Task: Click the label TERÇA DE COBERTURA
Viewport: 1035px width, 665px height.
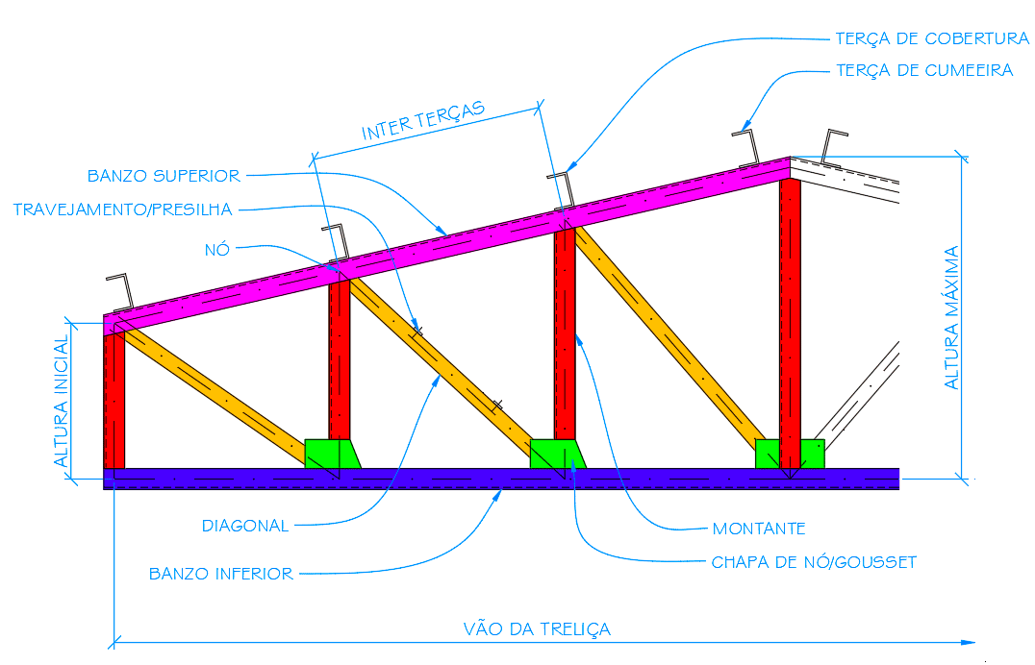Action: (932, 39)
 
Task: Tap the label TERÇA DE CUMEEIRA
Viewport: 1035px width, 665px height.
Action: (924, 71)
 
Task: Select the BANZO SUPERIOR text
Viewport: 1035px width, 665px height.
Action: (164, 176)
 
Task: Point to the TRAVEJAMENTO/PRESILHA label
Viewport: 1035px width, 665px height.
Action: (122, 209)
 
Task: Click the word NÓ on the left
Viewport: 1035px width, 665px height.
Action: (216, 249)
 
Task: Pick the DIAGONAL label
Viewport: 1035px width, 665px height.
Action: (245, 526)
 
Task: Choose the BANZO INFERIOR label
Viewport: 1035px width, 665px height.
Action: (221, 574)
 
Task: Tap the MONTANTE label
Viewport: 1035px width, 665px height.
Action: (759, 529)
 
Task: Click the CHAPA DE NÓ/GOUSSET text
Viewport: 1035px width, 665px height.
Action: (814, 562)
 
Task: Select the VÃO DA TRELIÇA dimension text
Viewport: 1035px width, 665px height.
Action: (537, 629)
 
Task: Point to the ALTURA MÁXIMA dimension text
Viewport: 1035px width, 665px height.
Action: (952, 318)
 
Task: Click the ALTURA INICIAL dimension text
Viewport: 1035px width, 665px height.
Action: (62, 402)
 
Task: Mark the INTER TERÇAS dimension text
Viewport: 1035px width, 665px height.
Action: (423, 121)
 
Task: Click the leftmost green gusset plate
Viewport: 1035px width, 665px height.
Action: (332, 454)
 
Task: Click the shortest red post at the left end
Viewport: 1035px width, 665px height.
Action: (114, 399)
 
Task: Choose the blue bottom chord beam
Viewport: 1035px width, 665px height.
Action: (500, 479)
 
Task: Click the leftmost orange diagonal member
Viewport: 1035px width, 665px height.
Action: (216, 389)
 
